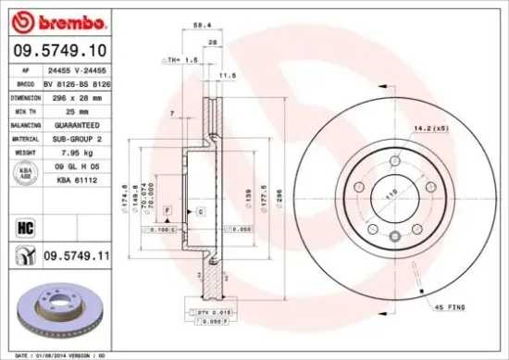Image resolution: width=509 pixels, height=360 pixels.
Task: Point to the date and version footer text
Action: point(58,354)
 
